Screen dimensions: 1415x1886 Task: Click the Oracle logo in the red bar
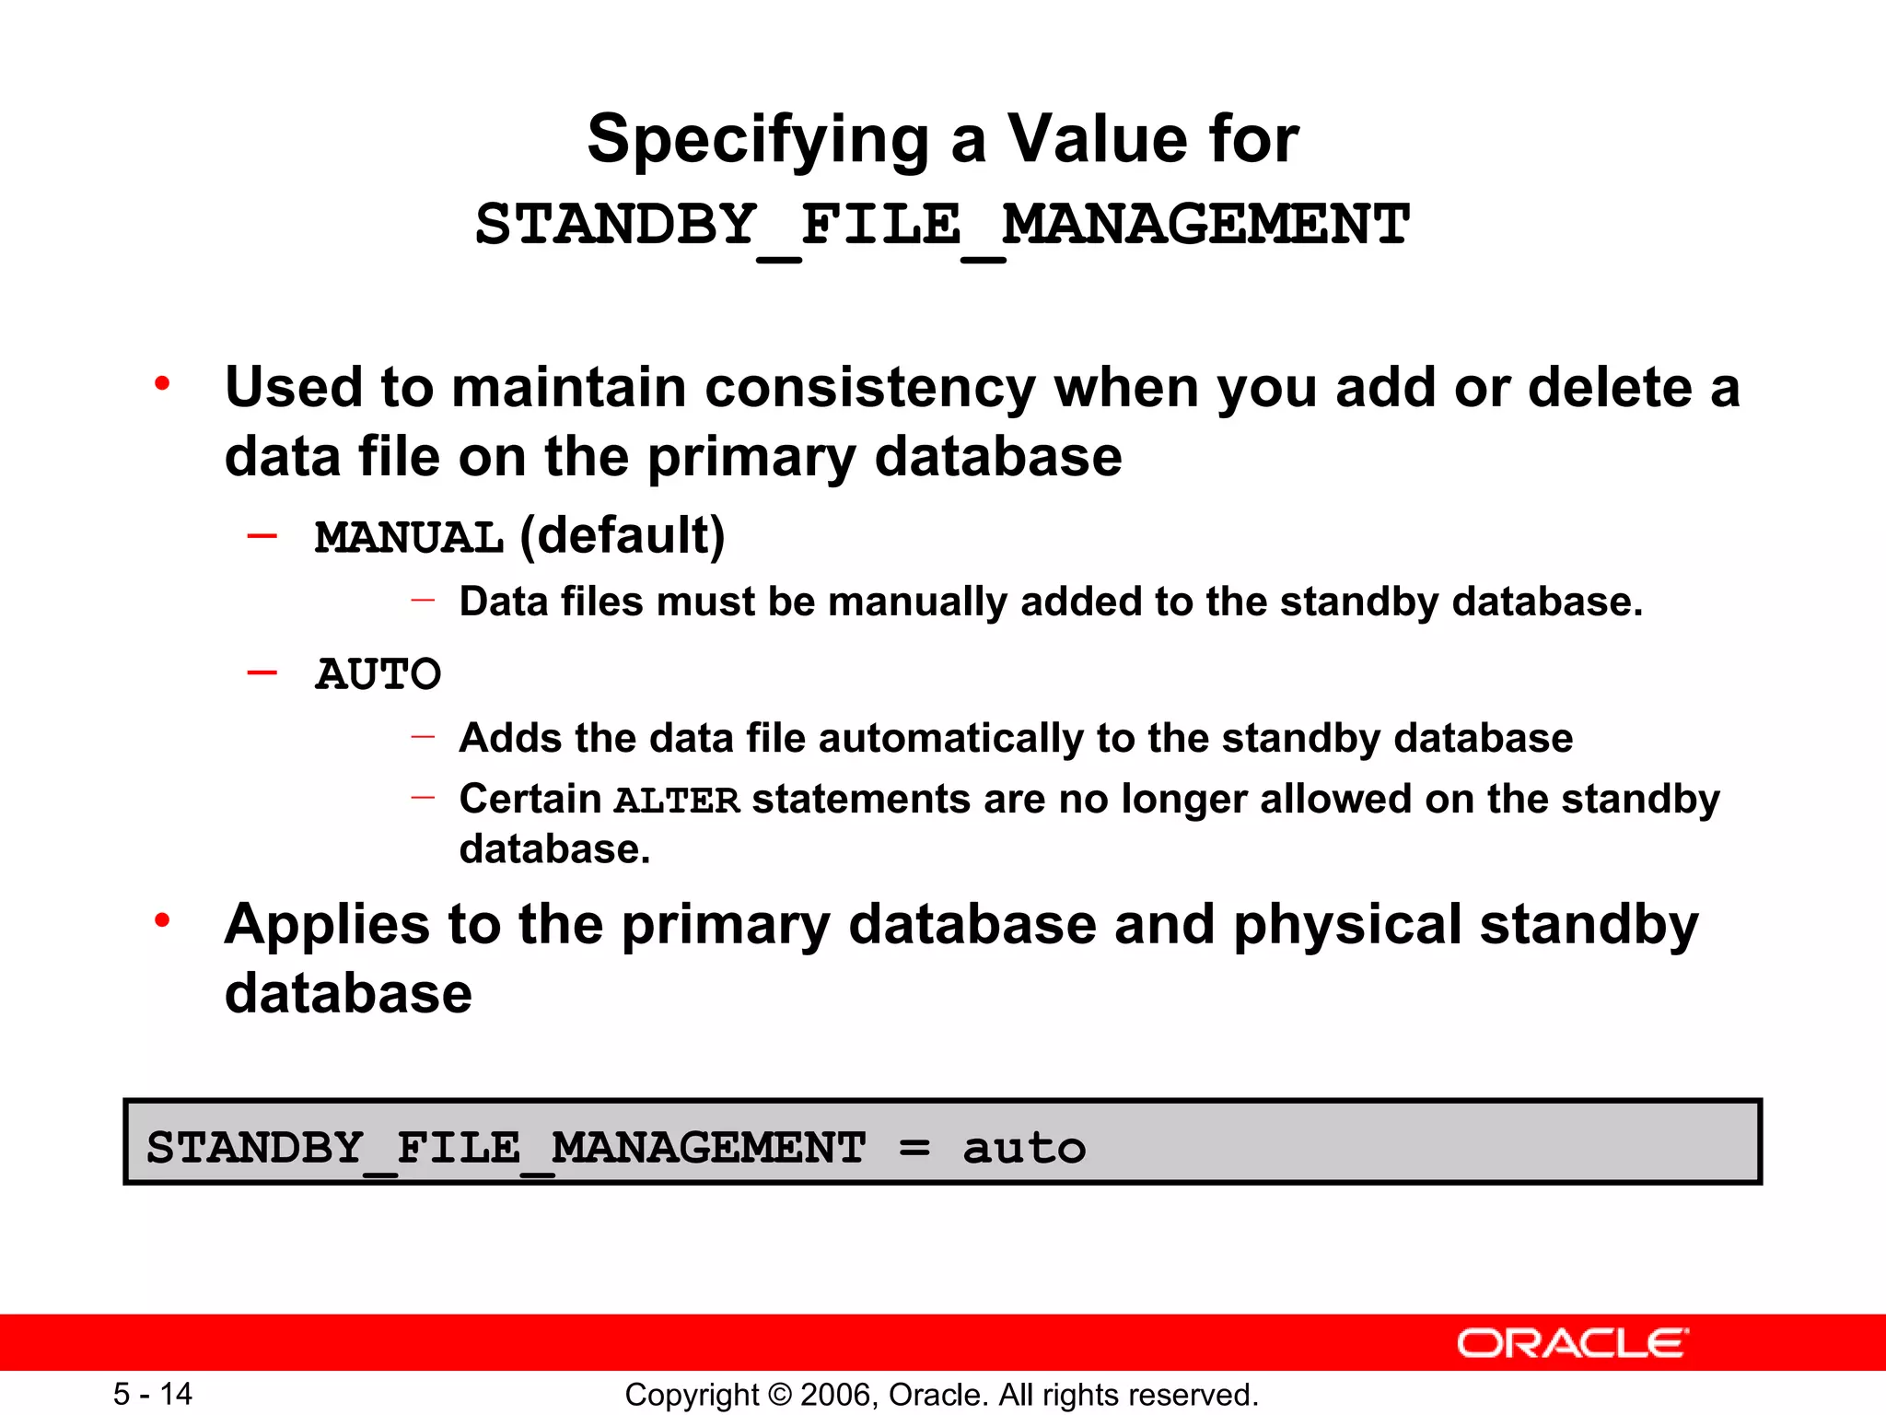coord(1572,1343)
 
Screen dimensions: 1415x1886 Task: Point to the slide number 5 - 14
coord(152,1394)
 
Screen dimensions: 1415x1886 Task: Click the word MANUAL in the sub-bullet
coord(409,538)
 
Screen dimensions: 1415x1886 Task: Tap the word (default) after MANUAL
coord(623,536)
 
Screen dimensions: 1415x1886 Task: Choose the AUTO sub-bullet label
coord(378,674)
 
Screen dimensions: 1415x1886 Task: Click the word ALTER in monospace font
coord(677,801)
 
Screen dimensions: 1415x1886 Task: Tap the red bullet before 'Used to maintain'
coord(163,383)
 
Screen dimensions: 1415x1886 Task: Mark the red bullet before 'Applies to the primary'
coord(163,919)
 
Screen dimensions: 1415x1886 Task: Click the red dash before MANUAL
coord(262,535)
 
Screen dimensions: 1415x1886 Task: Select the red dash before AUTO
coord(262,672)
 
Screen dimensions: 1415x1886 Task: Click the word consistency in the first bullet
coord(870,388)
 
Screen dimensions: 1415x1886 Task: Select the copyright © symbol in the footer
coord(779,1395)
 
